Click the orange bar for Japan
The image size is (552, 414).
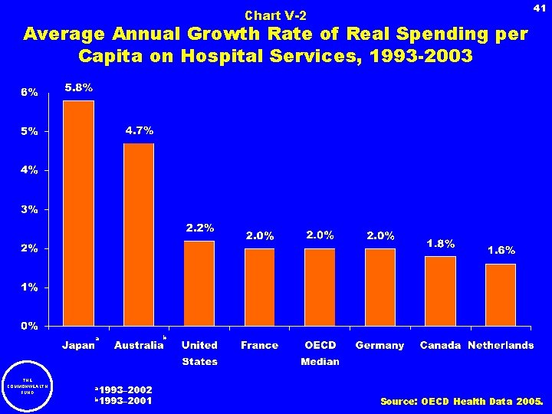pyautogui.click(x=78, y=213)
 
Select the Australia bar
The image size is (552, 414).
pyautogui.click(x=139, y=235)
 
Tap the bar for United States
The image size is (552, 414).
pyautogui.click(x=199, y=284)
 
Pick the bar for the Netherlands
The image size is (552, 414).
pyautogui.click(x=501, y=295)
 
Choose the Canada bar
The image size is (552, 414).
pyautogui.click(x=441, y=291)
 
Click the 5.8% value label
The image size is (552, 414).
pyautogui.click(x=78, y=88)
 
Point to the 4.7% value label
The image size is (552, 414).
pyautogui.click(x=140, y=130)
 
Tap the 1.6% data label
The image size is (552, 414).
pyautogui.click(x=501, y=250)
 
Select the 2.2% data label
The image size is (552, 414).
pyautogui.click(x=200, y=228)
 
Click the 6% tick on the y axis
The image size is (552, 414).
pyautogui.click(x=29, y=92)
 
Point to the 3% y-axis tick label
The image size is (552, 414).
pyautogui.click(x=29, y=209)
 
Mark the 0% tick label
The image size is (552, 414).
pyautogui.click(x=29, y=327)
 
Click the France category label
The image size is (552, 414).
pyautogui.click(x=259, y=346)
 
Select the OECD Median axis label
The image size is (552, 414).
pyautogui.click(x=320, y=353)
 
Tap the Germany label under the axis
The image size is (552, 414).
pyautogui.click(x=379, y=346)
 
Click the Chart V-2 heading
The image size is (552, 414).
pyautogui.click(x=275, y=15)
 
